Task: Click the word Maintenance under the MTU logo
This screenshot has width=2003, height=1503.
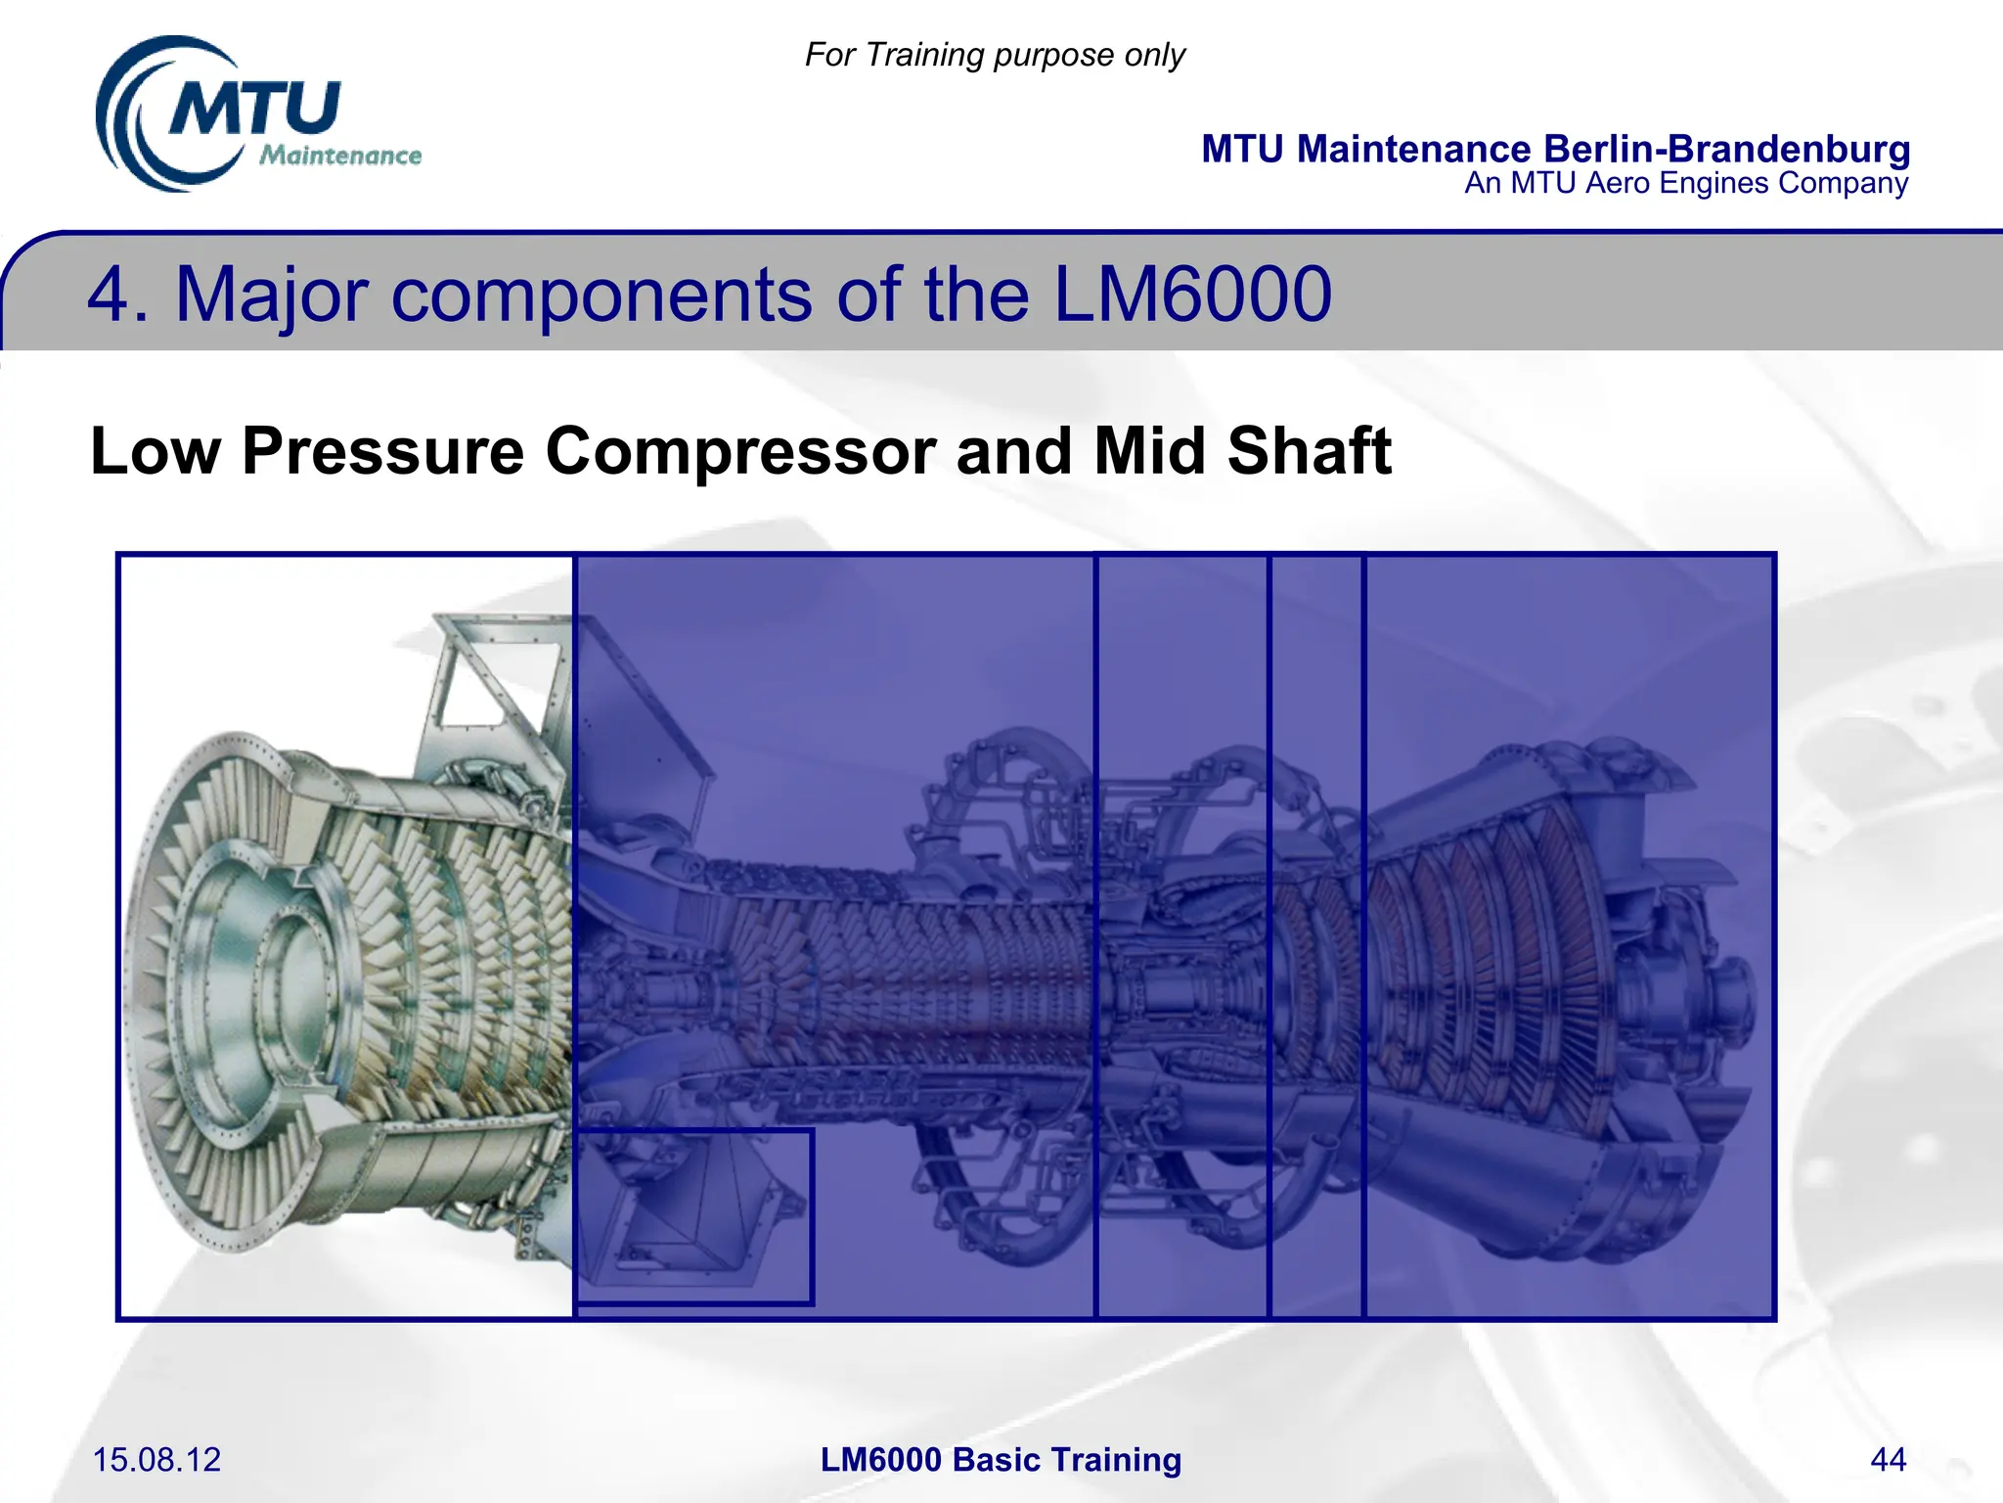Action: pos(340,156)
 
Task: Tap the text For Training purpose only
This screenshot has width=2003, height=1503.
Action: pos(995,55)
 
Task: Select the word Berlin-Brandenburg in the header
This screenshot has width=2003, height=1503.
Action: pos(1726,149)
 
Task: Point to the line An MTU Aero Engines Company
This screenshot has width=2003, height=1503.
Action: pos(1685,183)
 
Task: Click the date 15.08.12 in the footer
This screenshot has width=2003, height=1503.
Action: pos(156,1459)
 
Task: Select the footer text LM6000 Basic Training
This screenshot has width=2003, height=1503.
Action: pos(1001,1459)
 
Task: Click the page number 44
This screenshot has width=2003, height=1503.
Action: pos(1888,1459)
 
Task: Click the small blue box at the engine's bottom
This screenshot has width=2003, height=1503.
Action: pos(693,1216)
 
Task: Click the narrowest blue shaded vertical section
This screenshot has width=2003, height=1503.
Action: pos(1315,934)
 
